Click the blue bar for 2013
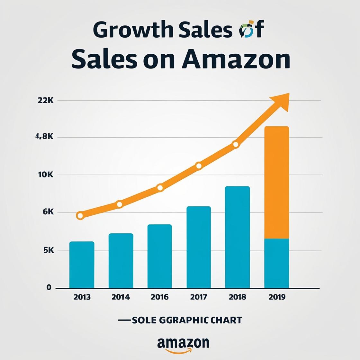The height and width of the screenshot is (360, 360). point(82,265)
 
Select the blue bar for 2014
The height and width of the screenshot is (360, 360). point(121,261)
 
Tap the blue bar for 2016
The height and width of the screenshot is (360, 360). point(160,256)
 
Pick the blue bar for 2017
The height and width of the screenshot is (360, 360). point(199,247)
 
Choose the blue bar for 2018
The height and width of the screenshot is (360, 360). point(238,237)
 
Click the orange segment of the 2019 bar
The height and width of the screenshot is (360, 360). point(277,182)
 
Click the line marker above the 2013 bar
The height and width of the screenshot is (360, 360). point(80,216)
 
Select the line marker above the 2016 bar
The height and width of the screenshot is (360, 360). point(160,188)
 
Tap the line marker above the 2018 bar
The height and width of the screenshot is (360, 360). point(236,145)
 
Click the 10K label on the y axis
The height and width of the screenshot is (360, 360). point(45,175)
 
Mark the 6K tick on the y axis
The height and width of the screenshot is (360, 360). point(48,212)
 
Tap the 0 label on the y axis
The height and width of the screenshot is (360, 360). point(49,287)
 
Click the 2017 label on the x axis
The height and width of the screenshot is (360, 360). point(199,297)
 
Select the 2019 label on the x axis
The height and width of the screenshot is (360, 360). point(277,297)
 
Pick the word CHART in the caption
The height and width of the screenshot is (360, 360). point(225,320)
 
